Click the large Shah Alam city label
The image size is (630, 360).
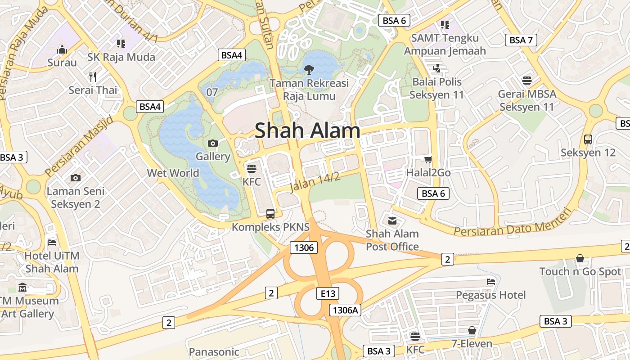[307, 131]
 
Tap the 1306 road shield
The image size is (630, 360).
[304, 247]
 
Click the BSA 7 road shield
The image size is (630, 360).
[521, 40]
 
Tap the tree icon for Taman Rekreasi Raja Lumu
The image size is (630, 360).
[309, 69]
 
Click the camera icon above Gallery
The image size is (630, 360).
[213, 144]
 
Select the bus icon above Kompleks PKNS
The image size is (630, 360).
[270, 214]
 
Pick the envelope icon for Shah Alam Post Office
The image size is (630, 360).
[392, 220]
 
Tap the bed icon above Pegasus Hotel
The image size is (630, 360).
[490, 282]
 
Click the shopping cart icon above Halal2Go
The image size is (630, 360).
[428, 159]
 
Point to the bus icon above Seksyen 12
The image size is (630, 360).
[588, 139]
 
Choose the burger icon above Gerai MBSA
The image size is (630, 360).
[527, 81]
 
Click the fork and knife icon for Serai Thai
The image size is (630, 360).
[93, 76]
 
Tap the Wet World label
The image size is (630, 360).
[173, 173]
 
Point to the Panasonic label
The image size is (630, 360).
[214, 352]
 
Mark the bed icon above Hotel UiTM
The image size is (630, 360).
[52, 243]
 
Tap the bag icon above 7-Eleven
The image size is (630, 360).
[472, 331]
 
